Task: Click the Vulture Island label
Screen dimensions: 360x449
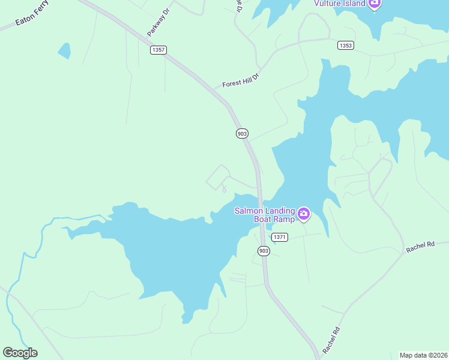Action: pos(340,4)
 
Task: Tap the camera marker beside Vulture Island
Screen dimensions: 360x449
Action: pos(375,4)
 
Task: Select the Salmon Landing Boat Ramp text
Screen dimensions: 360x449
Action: pos(264,215)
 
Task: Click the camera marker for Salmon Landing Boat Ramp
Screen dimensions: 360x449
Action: pos(304,214)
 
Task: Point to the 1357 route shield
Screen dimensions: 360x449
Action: pos(158,50)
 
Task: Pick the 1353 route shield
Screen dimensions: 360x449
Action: pos(345,46)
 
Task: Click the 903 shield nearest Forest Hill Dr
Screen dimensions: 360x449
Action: pos(242,133)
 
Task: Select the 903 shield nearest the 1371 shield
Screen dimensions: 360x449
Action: pos(264,250)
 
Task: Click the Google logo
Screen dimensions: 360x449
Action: pos(20,352)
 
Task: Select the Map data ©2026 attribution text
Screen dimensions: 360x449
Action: pos(423,355)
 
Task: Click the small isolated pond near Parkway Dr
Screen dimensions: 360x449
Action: pos(64,50)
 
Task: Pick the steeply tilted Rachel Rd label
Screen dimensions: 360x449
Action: pos(331,340)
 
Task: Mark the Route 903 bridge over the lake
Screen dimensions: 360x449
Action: pos(261,207)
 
